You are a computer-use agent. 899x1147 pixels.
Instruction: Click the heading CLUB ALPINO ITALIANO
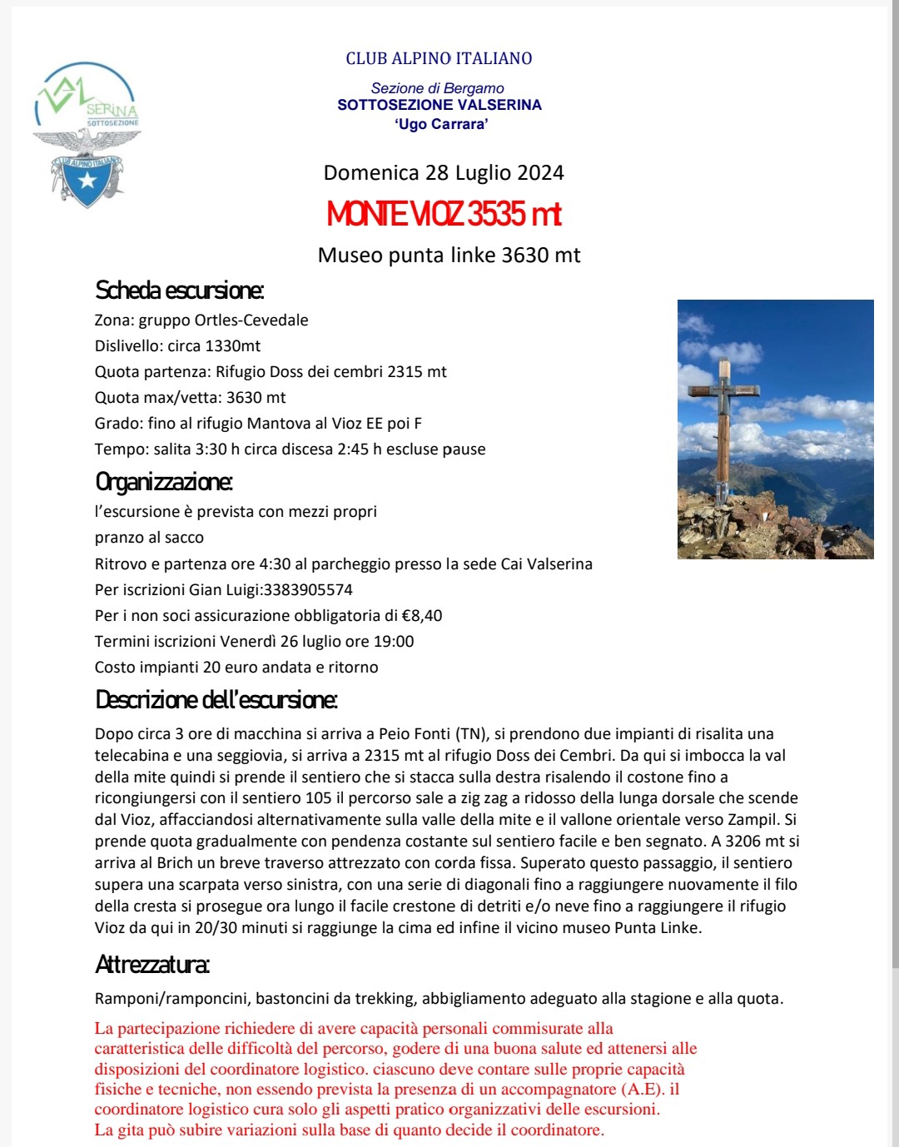click(439, 58)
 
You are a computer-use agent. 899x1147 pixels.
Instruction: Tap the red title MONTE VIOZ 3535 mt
click(444, 215)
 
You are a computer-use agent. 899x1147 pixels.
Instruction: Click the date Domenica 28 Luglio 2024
click(444, 173)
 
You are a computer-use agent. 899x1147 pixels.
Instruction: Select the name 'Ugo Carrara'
click(441, 124)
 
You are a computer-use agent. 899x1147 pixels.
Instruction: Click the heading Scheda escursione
click(179, 290)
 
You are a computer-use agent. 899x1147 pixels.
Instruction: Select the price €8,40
click(421, 616)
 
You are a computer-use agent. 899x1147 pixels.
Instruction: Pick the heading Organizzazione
click(164, 482)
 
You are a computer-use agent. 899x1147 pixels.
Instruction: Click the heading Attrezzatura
click(152, 965)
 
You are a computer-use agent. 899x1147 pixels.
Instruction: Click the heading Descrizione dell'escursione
click(216, 700)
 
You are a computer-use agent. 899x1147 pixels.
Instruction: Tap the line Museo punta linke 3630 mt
click(449, 256)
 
